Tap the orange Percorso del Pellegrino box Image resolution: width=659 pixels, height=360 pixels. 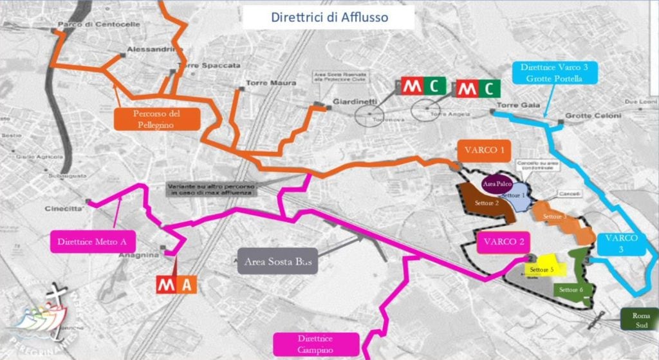point(156,118)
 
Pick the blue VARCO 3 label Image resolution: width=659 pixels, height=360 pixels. point(622,243)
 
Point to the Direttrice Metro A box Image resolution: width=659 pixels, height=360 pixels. point(92,242)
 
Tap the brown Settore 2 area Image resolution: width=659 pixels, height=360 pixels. point(486,202)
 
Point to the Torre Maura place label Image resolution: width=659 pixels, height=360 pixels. point(270,83)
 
